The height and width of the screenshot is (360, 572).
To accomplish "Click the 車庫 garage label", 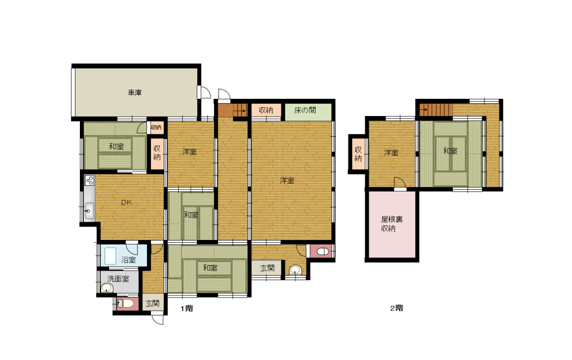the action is click(x=135, y=93).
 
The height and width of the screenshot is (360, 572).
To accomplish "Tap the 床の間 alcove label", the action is click(x=305, y=110).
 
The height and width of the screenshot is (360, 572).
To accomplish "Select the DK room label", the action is click(x=127, y=203).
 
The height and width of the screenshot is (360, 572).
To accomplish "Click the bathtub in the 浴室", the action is click(x=110, y=256).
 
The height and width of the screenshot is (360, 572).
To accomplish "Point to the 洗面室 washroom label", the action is click(x=118, y=279).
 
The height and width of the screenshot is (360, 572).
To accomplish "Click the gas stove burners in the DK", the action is click(x=89, y=180).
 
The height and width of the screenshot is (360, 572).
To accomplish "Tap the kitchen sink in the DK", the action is click(x=89, y=211).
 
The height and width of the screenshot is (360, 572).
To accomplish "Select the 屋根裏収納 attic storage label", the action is click(x=392, y=224).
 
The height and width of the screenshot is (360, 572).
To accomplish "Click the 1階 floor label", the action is click(x=187, y=308).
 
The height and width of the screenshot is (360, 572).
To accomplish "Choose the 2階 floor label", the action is click(x=397, y=308).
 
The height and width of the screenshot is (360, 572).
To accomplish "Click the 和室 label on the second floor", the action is click(x=450, y=151).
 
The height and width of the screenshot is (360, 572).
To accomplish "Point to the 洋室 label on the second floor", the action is click(x=391, y=153).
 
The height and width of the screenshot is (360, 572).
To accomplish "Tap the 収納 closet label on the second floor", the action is click(x=358, y=153).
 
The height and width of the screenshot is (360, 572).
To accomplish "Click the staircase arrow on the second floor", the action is click(x=423, y=109).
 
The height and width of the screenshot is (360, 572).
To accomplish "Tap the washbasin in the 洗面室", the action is click(x=107, y=288).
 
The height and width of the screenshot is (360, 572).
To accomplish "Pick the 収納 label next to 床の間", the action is click(x=266, y=110).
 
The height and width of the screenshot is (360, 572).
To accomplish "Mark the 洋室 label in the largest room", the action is click(x=287, y=180).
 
